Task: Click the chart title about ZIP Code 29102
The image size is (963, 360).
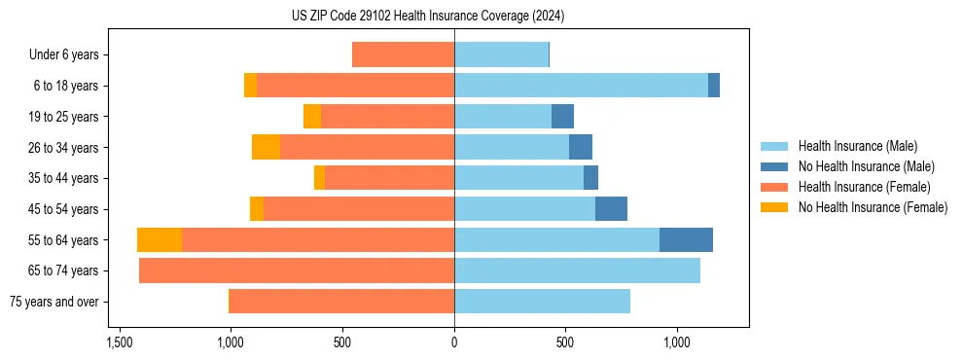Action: coord(428,17)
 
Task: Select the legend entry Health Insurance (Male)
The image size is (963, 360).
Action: coord(856,146)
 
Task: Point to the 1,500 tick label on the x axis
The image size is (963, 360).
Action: coord(119,343)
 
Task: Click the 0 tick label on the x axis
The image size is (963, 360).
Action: coord(454,343)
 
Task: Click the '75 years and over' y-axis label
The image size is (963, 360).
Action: coord(53,302)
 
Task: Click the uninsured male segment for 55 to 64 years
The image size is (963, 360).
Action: coord(686,240)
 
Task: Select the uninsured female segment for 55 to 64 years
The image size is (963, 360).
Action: coord(160,240)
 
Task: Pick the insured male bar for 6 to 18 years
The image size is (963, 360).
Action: coord(581,86)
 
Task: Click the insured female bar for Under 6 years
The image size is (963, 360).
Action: coord(403,55)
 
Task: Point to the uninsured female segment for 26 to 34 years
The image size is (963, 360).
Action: coord(266,148)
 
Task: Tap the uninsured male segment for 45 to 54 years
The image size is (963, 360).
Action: coord(611,209)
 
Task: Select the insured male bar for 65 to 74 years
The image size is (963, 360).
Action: coord(577,270)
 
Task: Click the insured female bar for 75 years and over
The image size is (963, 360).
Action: coord(342,302)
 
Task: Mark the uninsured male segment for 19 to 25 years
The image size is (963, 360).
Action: coord(562,117)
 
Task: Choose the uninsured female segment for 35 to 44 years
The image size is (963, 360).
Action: coord(319,178)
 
